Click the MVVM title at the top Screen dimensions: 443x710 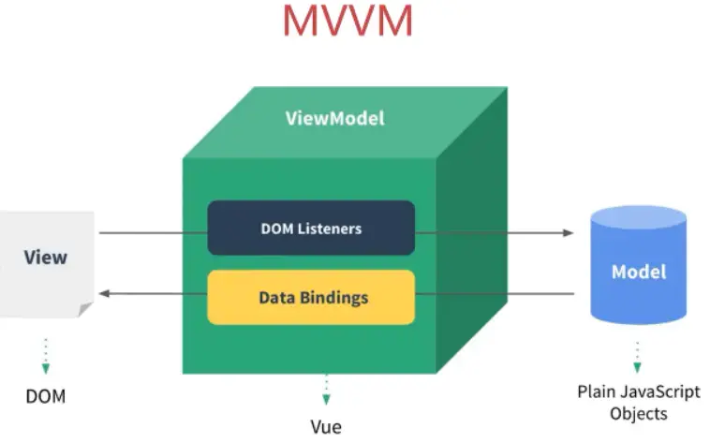click(348, 22)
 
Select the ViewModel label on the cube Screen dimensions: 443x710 click(334, 119)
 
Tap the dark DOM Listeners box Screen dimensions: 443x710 click(311, 228)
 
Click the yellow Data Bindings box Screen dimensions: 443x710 click(311, 298)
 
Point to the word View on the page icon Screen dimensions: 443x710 click(46, 257)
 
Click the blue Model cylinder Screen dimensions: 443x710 click(639, 272)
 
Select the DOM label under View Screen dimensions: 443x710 click(46, 395)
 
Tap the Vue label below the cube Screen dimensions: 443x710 click(326, 426)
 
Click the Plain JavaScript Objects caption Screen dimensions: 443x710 click(638, 402)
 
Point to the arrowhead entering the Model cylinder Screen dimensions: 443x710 click(568, 232)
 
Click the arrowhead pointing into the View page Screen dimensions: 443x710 click(104, 294)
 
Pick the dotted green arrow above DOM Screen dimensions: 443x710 click(46, 357)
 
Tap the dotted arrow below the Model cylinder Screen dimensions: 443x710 click(637, 357)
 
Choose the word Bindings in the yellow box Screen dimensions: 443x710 click(334, 298)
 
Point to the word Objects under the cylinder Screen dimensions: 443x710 click(638, 412)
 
